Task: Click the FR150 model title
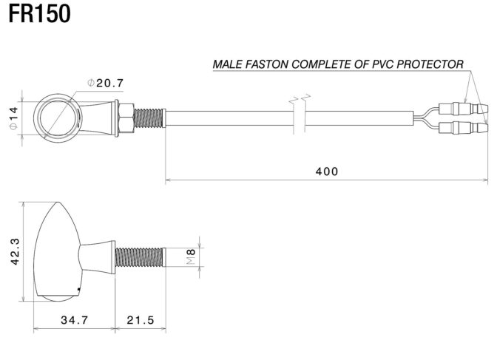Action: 39,13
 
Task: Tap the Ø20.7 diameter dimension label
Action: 105,83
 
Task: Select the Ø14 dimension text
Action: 13,118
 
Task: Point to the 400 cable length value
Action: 327,171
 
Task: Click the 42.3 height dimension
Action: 15,251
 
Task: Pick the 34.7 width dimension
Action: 74,320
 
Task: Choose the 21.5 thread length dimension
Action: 141,320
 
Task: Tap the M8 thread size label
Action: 191,257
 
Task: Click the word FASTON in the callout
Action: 266,64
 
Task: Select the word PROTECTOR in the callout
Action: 430,64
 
